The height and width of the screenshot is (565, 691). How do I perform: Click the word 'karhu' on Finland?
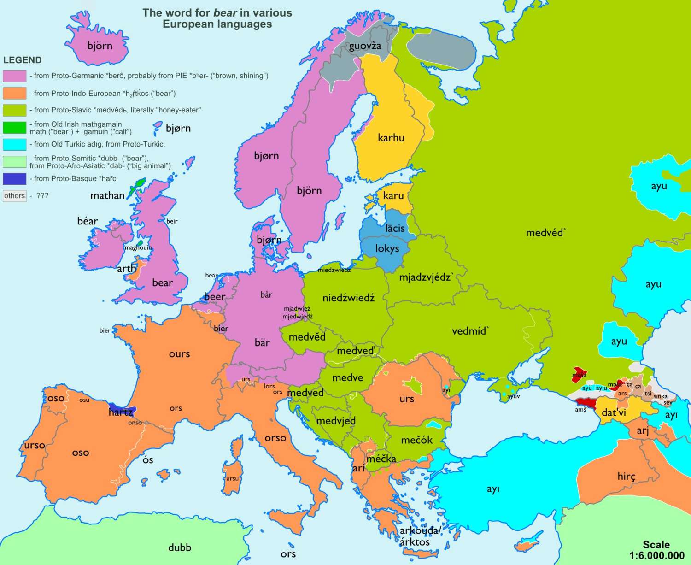[391, 137]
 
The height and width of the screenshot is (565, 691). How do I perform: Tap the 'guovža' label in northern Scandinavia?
[365, 46]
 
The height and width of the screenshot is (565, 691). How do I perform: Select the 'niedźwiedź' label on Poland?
[348, 298]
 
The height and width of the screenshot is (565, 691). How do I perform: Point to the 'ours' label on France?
[179, 354]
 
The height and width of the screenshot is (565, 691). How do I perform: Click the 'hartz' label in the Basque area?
[120, 412]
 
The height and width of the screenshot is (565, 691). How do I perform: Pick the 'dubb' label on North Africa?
[179, 547]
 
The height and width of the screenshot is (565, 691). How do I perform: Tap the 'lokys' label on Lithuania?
[387, 249]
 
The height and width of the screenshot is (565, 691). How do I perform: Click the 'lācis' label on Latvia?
[395, 228]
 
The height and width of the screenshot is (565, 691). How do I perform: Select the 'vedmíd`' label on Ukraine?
[470, 331]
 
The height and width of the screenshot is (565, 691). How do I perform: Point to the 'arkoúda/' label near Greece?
[419, 531]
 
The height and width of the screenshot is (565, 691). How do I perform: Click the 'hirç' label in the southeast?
[626, 477]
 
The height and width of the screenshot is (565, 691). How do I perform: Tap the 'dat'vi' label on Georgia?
[614, 413]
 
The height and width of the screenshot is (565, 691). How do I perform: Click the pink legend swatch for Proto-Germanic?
[14, 76]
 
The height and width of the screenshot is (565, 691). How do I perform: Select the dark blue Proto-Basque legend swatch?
[14, 179]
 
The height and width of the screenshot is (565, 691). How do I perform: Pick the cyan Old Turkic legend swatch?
[14, 144]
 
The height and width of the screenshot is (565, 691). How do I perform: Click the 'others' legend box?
[14, 196]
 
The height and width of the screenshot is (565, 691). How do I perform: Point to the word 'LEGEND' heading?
[22, 60]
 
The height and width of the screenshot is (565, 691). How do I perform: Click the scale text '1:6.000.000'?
[656, 556]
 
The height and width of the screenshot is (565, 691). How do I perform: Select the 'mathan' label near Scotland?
[107, 195]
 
